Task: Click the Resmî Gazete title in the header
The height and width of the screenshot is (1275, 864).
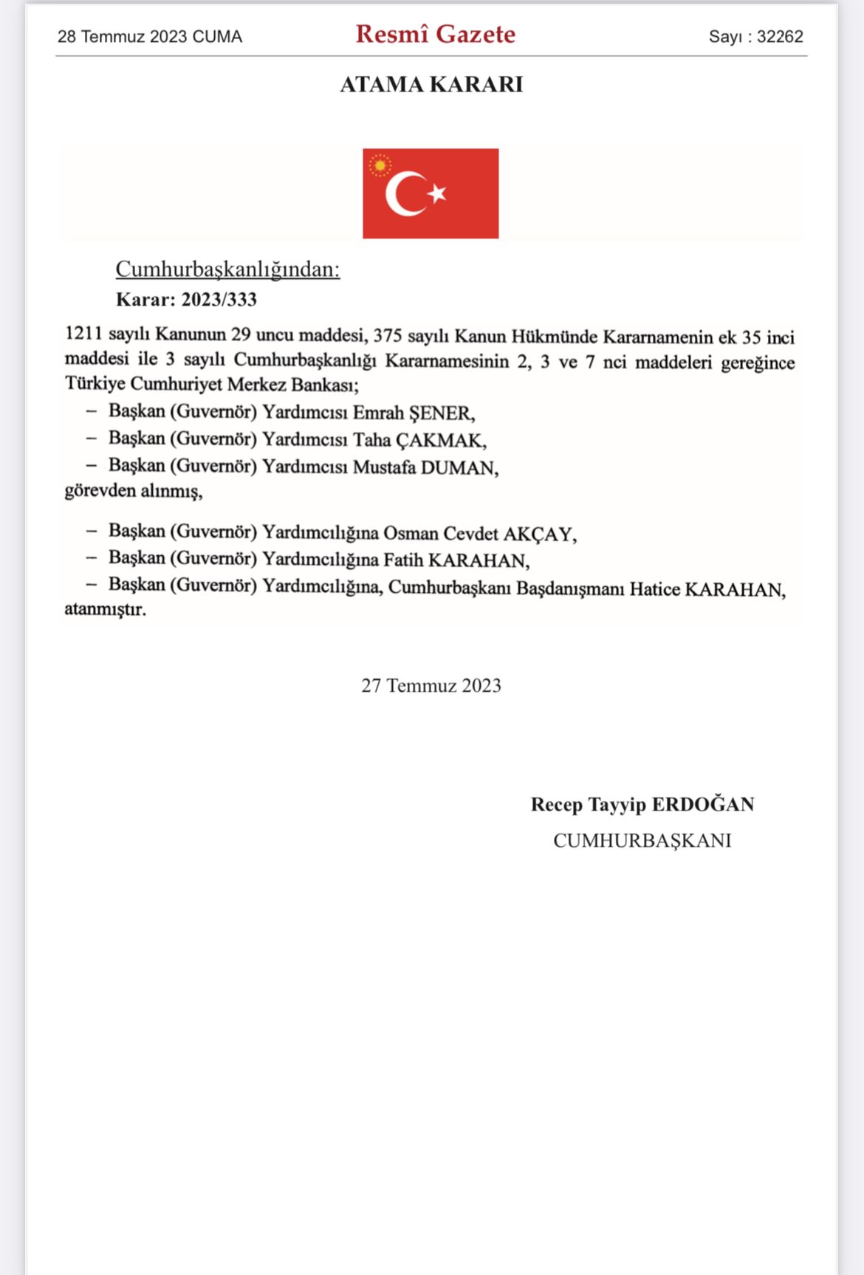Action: pyautogui.click(x=435, y=35)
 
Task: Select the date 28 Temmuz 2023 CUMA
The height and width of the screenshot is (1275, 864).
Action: pyautogui.click(x=150, y=37)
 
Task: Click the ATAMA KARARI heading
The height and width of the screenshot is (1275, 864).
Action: pyautogui.click(x=431, y=85)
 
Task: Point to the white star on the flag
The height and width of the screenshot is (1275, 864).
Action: pyautogui.click(x=438, y=193)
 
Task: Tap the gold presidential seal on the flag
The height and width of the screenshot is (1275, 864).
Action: pyautogui.click(x=380, y=165)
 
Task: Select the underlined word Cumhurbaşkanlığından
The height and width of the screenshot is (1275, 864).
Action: pyautogui.click(x=227, y=269)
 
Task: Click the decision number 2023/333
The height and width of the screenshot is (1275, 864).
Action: pyautogui.click(x=219, y=300)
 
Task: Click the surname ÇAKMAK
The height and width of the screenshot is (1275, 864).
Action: pyautogui.click(x=440, y=441)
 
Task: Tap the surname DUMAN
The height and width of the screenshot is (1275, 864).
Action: pyautogui.click(x=459, y=468)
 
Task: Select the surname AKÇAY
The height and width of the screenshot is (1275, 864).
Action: pyautogui.click(x=538, y=534)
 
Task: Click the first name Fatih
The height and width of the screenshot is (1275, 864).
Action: pyautogui.click(x=403, y=560)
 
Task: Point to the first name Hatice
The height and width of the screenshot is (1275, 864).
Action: pyautogui.click(x=654, y=589)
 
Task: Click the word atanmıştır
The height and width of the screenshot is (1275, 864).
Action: pyautogui.click(x=105, y=610)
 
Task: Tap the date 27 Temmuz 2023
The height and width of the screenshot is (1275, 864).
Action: pyautogui.click(x=431, y=686)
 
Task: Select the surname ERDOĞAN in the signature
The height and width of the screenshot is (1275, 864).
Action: pyautogui.click(x=703, y=805)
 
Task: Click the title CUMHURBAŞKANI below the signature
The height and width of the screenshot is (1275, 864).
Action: pyautogui.click(x=642, y=841)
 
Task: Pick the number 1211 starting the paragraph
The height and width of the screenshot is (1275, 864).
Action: pyautogui.click(x=84, y=334)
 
